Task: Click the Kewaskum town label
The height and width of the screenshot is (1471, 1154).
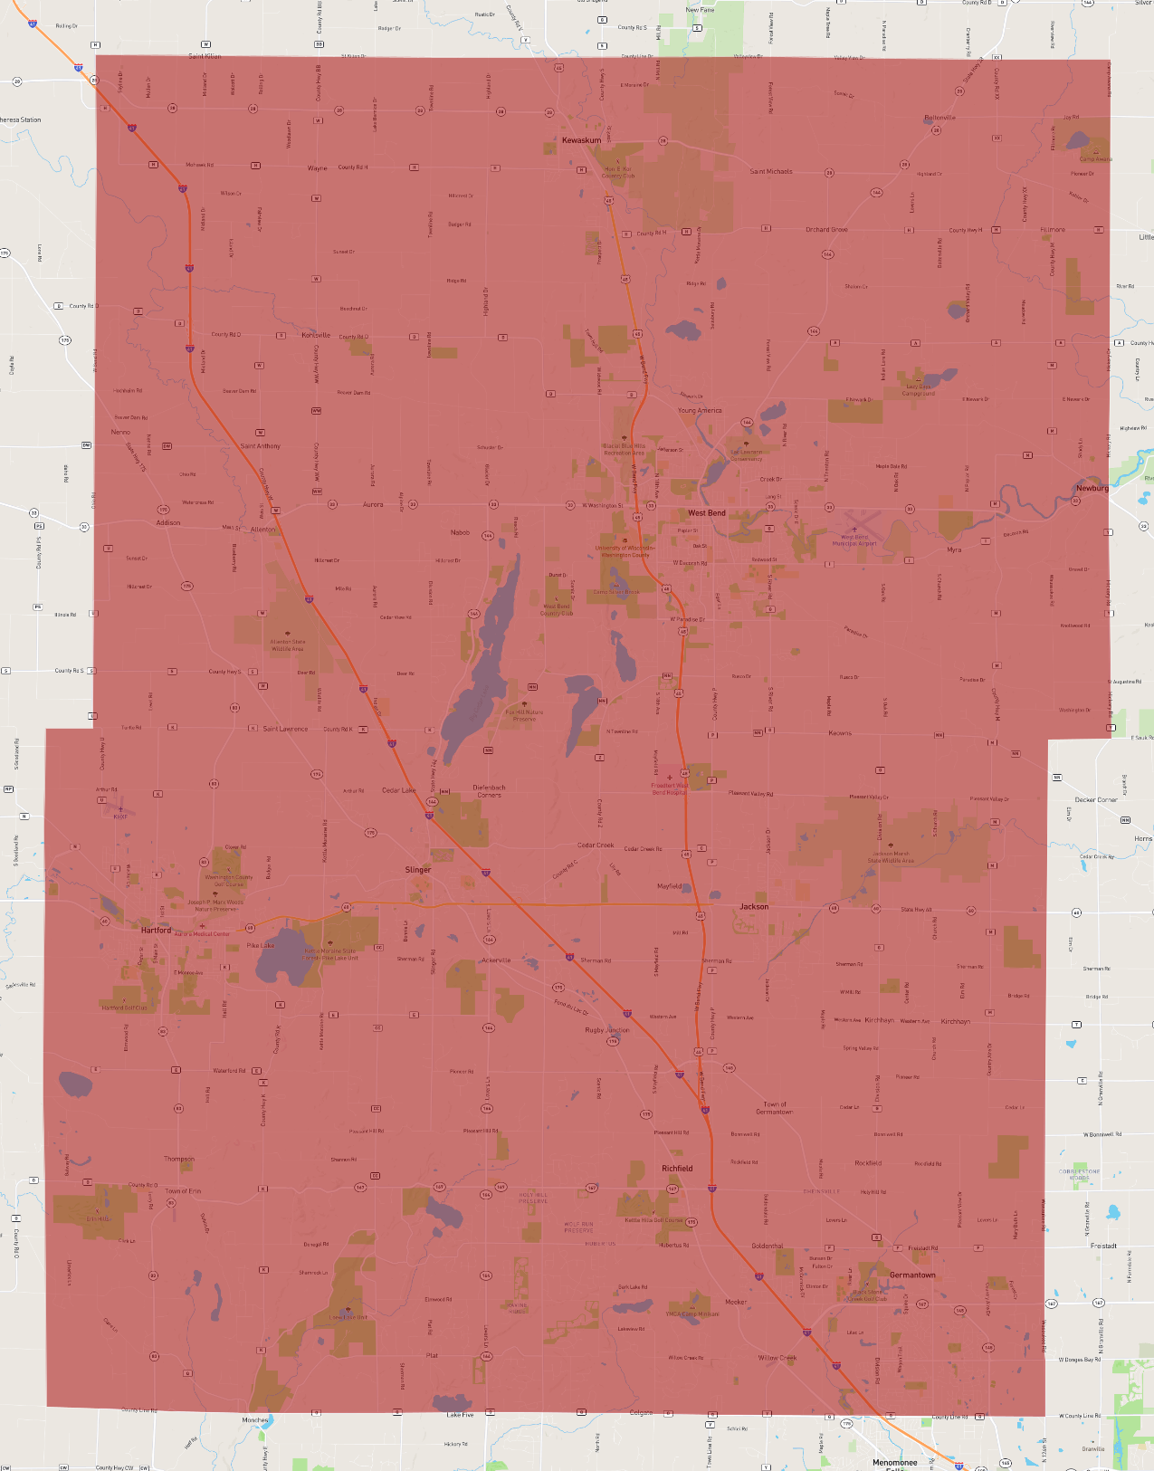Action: [x=581, y=140]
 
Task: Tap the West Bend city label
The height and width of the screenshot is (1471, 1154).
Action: [x=706, y=513]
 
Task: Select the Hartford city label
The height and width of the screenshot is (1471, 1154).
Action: [x=156, y=930]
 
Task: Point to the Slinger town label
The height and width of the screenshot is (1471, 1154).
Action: [x=418, y=870]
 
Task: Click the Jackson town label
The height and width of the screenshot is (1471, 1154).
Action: [x=754, y=906]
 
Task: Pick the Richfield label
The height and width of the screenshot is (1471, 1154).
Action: [x=677, y=1169]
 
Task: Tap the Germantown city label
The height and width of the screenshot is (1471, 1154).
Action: [x=912, y=1275]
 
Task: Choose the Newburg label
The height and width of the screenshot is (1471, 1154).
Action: [x=1092, y=488]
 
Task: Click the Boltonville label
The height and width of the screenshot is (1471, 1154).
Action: [x=939, y=118]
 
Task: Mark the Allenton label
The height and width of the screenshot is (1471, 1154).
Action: [x=263, y=530]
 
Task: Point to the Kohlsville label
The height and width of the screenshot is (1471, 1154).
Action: [x=316, y=335]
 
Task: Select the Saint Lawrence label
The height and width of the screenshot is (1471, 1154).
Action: [x=285, y=729]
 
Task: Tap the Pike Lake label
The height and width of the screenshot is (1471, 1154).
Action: [x=261, y=945]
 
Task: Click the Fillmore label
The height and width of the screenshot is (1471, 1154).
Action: [x=1053, y=230]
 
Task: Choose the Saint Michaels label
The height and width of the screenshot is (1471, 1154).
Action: [x=770, y=171]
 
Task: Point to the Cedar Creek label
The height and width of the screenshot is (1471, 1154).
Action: [x=596, y=845]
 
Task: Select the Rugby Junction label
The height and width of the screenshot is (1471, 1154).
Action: [x=606, y=1030]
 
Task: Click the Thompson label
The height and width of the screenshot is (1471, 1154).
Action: [x=179, y=1159]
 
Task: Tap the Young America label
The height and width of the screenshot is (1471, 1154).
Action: [x=700, y=410]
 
